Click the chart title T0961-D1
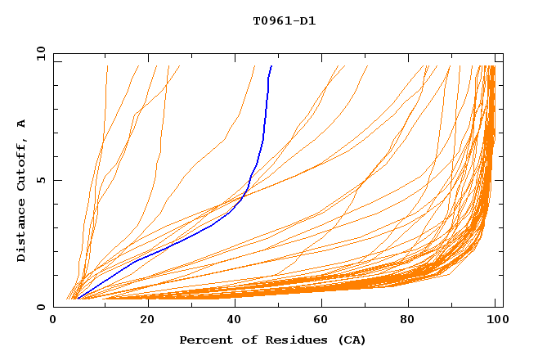point(284,20)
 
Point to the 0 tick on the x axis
point(54,320)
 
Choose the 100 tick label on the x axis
point(496,320)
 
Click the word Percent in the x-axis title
point(205,340)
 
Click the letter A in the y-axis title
point(22,124)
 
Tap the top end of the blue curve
point(271,66)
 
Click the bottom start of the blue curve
point(77,299)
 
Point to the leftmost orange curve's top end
point(107,66)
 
